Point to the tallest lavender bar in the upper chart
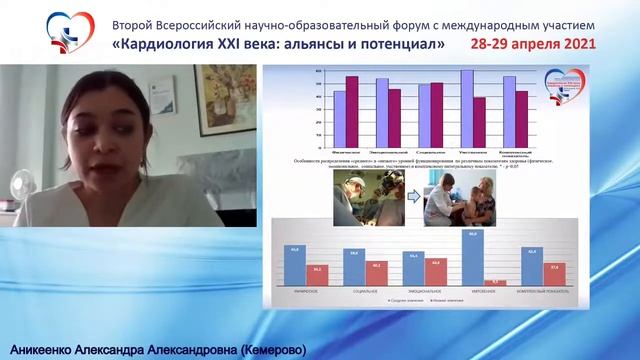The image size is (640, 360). coord(467,95)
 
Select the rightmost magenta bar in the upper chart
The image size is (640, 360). coord(521,105)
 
